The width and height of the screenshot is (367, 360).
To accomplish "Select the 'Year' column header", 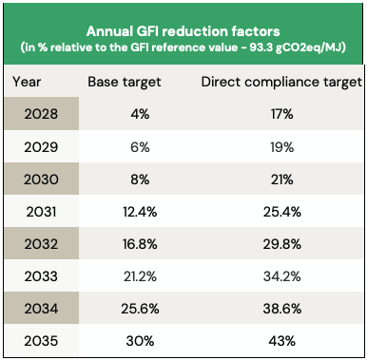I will click(x=28, y=82).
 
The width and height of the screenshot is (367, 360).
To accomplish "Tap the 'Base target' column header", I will click(x=124, y=82).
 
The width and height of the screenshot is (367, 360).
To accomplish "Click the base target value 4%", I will click(x=124, y=116).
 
